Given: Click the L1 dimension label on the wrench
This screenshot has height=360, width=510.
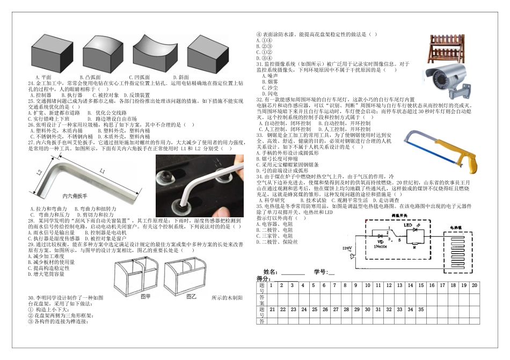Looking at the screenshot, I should click(x=100, y=171).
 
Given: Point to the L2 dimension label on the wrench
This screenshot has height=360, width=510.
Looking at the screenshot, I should click(x=40, y=173).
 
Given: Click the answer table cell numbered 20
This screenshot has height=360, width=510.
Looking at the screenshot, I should click(x=474, y=285).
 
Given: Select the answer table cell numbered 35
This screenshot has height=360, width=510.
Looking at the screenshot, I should click(x=421, y=310).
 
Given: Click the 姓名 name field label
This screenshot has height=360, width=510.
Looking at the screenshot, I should click(x=271, y=272).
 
